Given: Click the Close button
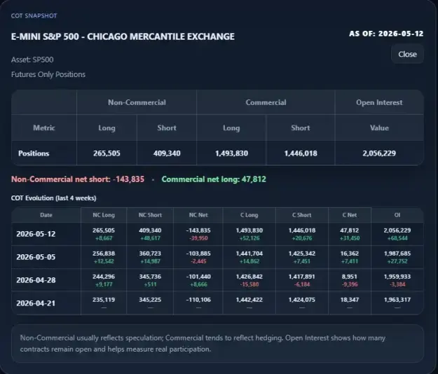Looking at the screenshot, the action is pos(407,54).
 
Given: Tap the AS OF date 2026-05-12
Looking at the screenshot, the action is pos(401,34).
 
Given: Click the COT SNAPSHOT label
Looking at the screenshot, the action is pos(34,15).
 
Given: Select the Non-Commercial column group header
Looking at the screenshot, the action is pos(137,102).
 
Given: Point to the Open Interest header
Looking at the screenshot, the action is pos(379,102).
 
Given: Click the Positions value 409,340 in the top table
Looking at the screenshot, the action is pos(167,153).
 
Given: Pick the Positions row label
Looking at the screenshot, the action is pos(34,153).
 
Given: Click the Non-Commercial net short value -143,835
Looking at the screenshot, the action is pos(128,179).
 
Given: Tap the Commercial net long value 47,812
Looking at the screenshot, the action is pos(254,179).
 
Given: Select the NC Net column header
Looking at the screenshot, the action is pos(198,215).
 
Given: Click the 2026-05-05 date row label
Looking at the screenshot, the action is pos(36,257).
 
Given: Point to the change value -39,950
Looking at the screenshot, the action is pos(198,238).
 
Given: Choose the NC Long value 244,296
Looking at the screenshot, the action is pos(104,277).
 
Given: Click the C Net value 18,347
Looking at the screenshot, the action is pos(350,300).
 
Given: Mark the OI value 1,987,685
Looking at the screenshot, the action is pos(397,254).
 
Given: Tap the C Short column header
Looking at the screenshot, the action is pos(301,215).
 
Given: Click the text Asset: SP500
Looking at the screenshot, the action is pos(32,60).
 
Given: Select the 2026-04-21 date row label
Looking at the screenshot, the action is pos(36,303).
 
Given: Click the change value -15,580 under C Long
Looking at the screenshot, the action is pos(249,284).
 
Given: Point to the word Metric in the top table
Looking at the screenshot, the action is pos(44,128).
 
